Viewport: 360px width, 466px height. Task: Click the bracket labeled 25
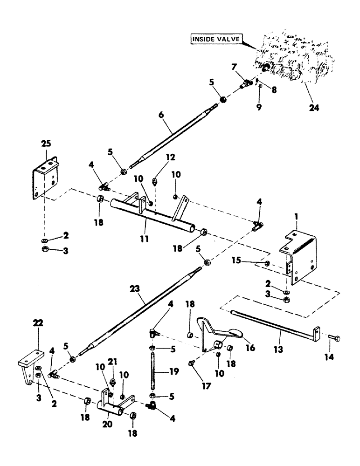pyautogui.click(x=45, y=179)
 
